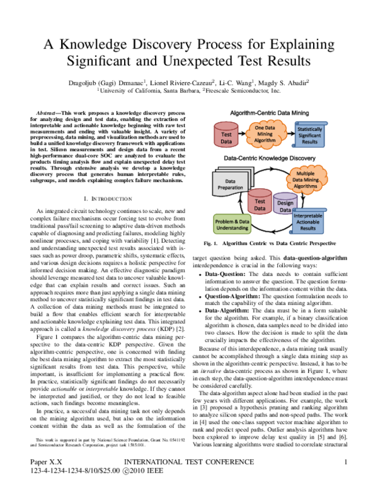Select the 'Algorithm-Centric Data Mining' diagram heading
click(x=268, y=112)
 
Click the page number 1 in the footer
click(x=345, y=463)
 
